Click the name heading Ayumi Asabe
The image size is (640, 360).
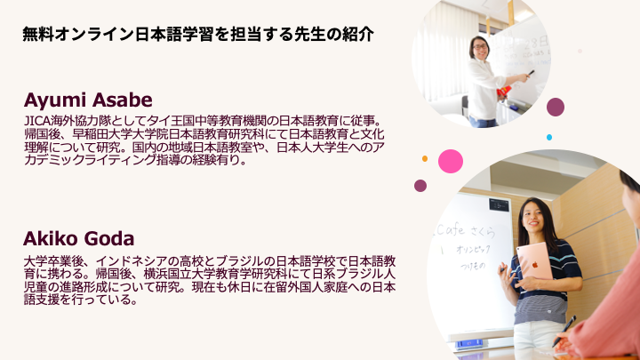tap(88, 100)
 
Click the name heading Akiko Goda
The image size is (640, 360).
tap(78, 239)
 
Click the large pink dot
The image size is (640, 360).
tap(451, 161)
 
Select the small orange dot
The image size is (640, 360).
tap(425, 158)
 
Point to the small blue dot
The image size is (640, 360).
tap(549, 138)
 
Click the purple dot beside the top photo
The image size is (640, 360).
tap(556, 107)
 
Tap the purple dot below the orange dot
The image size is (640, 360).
tap(420, 186)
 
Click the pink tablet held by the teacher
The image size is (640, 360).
tap(534, 262)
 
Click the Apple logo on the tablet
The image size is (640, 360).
tap(535, 265)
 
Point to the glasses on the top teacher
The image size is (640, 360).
tap(480, 47)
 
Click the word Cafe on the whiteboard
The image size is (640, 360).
tap(450, 230)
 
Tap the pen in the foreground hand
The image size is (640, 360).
tap(564, 331)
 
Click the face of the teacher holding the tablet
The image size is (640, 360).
tap(532, 216)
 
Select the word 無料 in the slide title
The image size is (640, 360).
tap(38, 35)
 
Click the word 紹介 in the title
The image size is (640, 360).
tap(358, 35)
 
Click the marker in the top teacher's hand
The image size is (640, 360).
tap(531, 73)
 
